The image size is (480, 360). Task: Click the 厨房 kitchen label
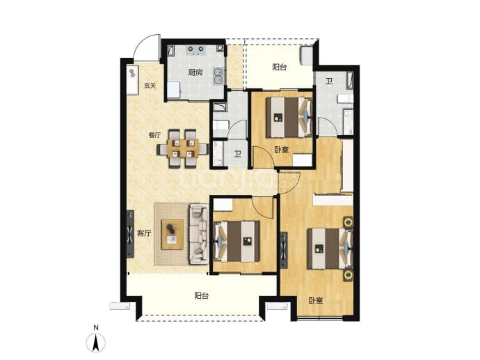[195, 72]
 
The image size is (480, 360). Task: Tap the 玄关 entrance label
[150, 86]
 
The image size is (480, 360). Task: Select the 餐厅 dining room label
[154, 135]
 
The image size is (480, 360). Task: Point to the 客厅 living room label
[144, 233]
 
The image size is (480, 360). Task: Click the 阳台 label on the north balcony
[280, 67]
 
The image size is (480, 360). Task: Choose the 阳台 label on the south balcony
[202, 296]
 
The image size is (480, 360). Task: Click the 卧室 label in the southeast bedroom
[316, 301]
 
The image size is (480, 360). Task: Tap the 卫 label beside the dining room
[238, 154]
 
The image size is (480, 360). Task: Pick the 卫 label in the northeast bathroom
[329, 81]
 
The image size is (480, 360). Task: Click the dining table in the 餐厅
[182, 148]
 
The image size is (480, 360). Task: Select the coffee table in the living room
[173, 235]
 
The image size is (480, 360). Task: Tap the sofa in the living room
[199, 234]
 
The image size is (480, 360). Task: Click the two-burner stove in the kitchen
[196, 49]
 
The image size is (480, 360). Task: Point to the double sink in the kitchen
[218, 76]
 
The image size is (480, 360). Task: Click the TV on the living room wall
[130, 234]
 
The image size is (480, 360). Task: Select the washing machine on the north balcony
[306, 56]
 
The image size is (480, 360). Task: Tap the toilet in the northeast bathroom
[345, 99]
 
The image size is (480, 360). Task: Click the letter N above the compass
[96, 328]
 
